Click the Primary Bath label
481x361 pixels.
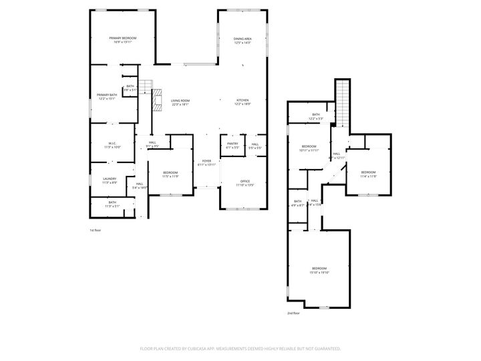point(107,96)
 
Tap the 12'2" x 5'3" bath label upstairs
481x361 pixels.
point(316,116)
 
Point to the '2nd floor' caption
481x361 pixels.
point(293,313)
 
